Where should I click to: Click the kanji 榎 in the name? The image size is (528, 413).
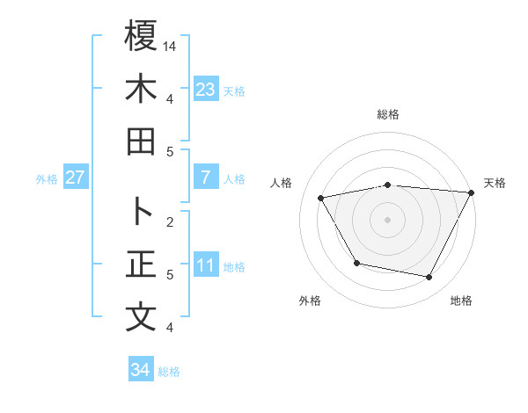pyautogui.click(x=141, y=37)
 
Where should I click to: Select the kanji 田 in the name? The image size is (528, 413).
pyautogui.click(x=141, y=141)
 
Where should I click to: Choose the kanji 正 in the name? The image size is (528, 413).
pyautogui.click(x=141, y=264)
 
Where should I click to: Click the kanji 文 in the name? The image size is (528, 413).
pyautogui.click(x=141, y=316)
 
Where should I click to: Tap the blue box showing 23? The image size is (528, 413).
pyautogui.click(x=206, y=89)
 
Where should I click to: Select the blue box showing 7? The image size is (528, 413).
pyautogui.click(x=206, y=178)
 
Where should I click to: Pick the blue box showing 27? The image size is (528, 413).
pyautogui.click(x=75, y=178)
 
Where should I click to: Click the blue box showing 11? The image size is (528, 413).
pyautogui.click(x=206, y=264)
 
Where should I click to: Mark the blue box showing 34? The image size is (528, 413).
pyautogui.click(x=140, y=370)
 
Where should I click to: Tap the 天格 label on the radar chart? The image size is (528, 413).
pyautogui.click(x=495, y=183)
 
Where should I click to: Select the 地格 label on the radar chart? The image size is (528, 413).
pyautogui.click(x=461, y=301)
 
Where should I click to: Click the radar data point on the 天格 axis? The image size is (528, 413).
pyautogui.click(x=473, y=192)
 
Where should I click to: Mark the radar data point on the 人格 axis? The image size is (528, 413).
pyautogui.click(x=321, y=199)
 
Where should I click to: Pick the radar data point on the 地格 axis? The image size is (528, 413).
pyautogui.click(x=429, y=278)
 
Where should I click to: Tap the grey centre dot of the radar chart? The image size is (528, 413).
pyautogui.click(x=387, y=219)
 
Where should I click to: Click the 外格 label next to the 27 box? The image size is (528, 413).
pyautogui.click(x=47, y=178)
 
